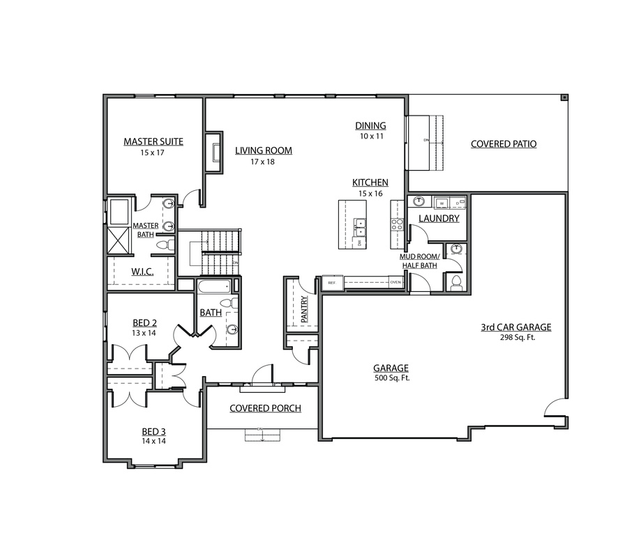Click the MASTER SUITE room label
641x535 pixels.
tap(153, 141)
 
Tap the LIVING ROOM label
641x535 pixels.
tap(263, 150)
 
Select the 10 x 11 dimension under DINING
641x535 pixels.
tap(371, 137)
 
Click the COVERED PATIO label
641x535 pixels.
tap(504, 144)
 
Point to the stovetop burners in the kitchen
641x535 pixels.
tap(397, 224)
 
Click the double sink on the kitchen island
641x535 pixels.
tap(361, 224)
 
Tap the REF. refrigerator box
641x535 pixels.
tap(332, 283)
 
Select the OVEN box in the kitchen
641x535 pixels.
tap(395, 283)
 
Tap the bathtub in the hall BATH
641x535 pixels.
tap(213, 286)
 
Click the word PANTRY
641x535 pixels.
tap(304, 309)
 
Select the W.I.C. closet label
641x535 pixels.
tap(142, 271)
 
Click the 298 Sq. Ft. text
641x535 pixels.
tap(516, 337)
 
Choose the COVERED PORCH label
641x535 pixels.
tap(265, 408)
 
